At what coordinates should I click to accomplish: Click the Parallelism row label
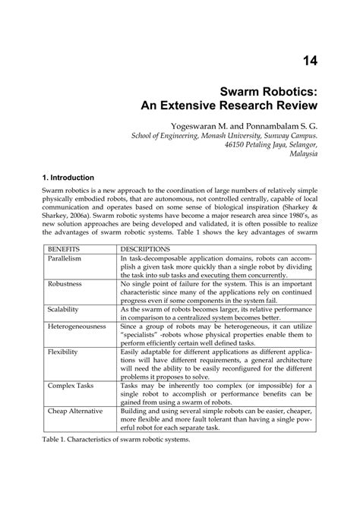coord(66,259)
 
